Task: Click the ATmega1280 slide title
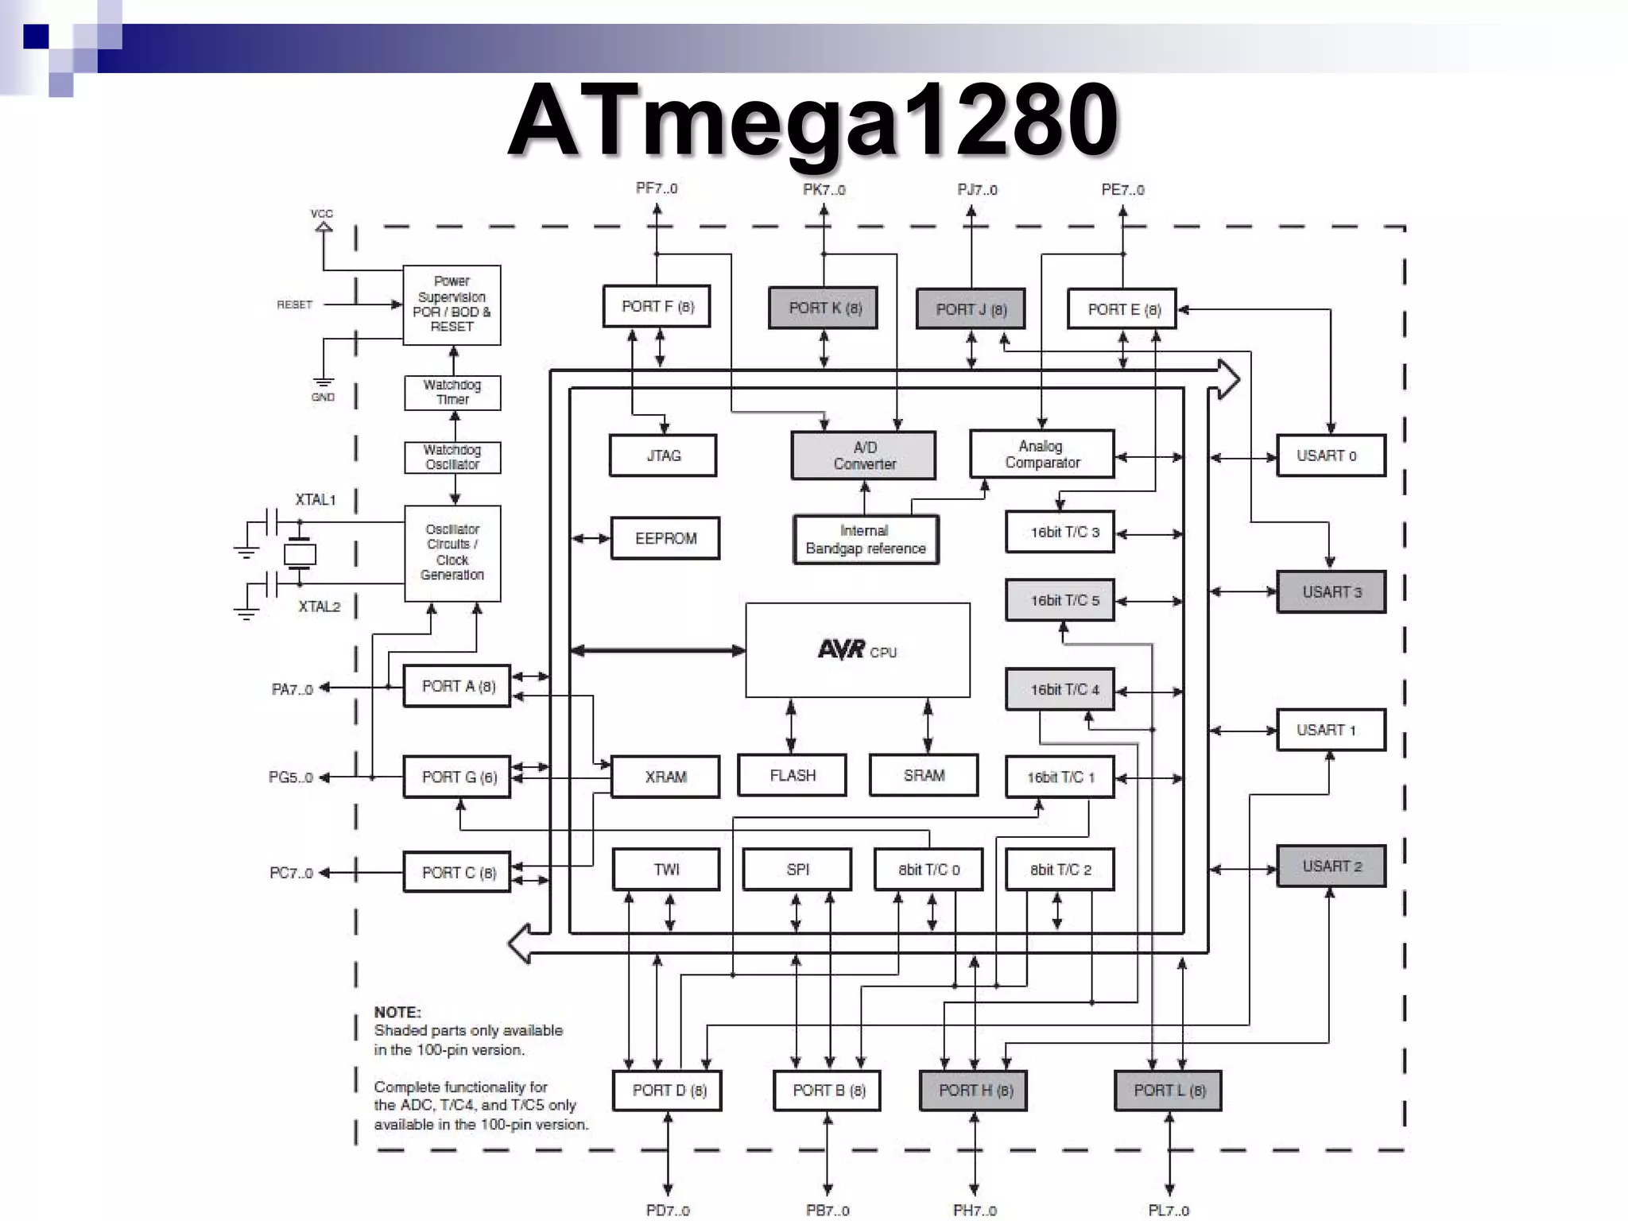click(x=812, y=121)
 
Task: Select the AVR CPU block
click(x=857, y=650)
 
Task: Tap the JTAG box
click(x=663, y=455)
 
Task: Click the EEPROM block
click(x=665, y=538)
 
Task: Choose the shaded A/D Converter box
click(x=863, y=455)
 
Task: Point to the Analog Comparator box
click(x=1041, y=454)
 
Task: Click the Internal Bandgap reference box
click(x=865, y=540)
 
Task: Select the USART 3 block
click(x=1331, y=592)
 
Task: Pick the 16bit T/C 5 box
click(x=1060, y=600)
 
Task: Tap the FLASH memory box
click(x=792, y=775)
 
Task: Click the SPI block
click(x=797, y=870)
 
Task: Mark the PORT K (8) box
click(x=824, y=308)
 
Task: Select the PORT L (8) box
click(x=1168, y=1091)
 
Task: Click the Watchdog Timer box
click(x=452, y=393)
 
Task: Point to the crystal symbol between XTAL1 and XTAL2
click(x=300, y=553)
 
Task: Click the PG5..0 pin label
click(x=291, y=777)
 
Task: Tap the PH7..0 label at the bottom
click(x=975, y=1211)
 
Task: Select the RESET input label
click(x=294, y=304)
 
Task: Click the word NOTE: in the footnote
click(x=397, y=1012)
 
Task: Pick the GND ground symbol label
click(x=323, y=397)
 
